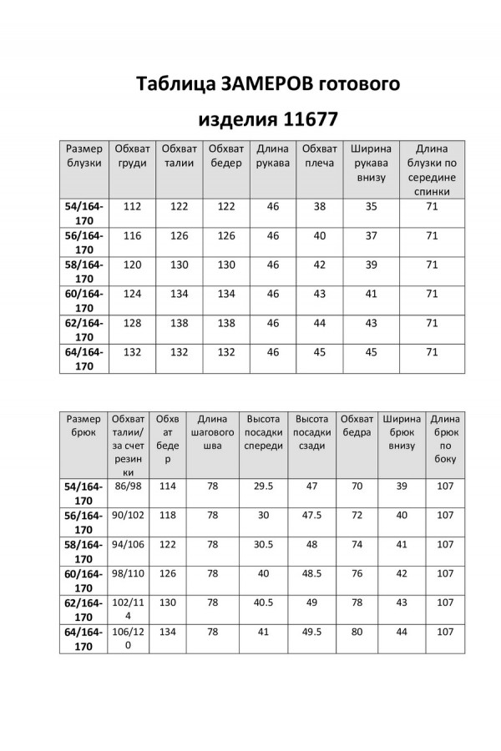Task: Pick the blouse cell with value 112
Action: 132,204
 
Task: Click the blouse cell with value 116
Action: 132,236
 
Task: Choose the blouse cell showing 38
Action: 318,204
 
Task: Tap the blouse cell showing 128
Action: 132,322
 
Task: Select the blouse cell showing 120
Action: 132,265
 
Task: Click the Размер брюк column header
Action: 83,426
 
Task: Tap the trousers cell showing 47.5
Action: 311,515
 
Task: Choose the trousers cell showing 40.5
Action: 263,602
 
